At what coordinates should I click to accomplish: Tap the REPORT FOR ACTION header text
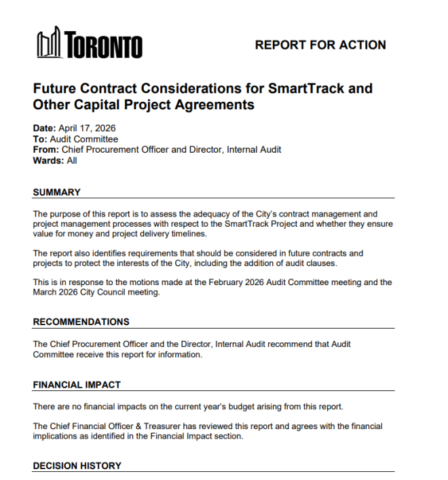[320, 45]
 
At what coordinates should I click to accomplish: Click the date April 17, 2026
[87, 128]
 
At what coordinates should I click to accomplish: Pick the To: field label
[40, 139]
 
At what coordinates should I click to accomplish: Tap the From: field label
[46, 150]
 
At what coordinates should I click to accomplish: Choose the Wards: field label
[48, 161]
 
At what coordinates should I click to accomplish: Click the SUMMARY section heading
[56, 193]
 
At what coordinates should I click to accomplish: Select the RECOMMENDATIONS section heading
[81, 322]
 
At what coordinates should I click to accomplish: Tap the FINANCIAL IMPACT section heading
[77, 385]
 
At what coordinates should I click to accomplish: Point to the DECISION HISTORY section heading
[77, 466]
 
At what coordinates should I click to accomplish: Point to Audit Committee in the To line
[84, 139]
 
